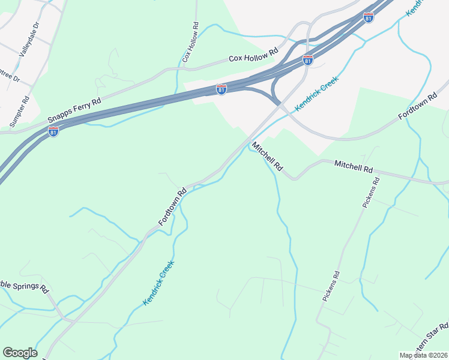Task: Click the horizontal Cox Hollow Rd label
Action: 254,55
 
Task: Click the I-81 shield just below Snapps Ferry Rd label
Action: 53,131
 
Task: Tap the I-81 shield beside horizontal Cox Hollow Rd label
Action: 307,61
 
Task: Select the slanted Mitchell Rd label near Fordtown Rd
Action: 267,157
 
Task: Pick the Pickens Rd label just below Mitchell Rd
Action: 370,193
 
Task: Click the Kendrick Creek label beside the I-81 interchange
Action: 316,93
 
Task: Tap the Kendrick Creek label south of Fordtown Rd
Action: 159,283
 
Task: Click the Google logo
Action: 20,353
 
